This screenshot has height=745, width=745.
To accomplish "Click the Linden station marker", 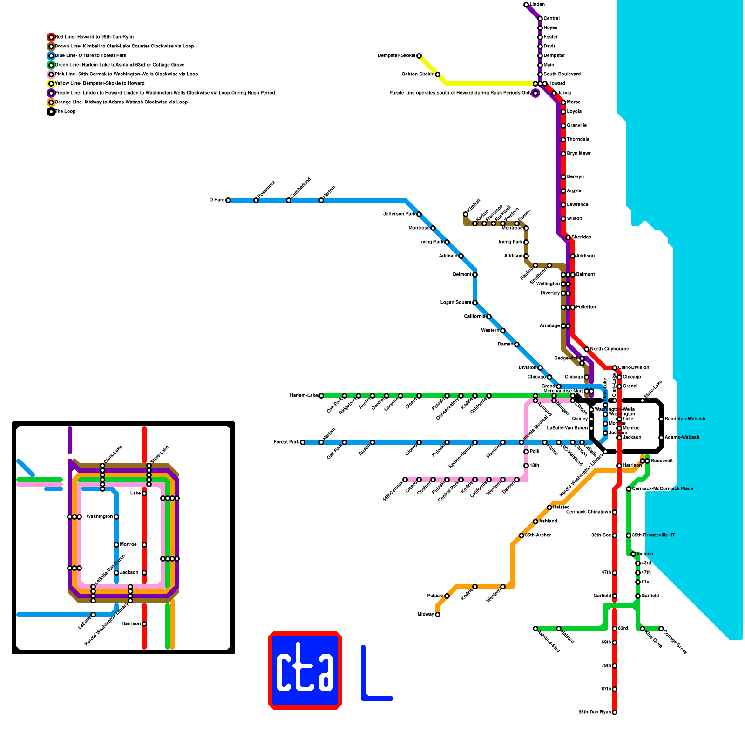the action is click(526, 5).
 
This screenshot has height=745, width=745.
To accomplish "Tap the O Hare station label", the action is click(217, 200).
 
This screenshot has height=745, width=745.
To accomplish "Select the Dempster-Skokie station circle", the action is click(419, 56).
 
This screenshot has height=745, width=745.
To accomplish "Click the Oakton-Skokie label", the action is click(418, 74).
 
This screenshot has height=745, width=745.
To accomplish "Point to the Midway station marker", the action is click(438, 615).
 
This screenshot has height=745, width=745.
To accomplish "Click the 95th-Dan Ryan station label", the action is click(595, 712).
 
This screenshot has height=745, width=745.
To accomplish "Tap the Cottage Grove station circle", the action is click(661, 629).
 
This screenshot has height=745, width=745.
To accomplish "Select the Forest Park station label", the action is click(286, 442).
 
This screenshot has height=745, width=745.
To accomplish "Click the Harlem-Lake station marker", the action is click(321, 396).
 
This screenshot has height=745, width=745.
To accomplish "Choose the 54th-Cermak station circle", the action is click(405, 480).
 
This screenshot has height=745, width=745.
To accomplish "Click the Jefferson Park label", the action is click(399, 214).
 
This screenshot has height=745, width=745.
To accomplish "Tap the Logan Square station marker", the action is click(475, 303).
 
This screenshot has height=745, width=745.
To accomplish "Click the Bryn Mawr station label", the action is click(579, 154).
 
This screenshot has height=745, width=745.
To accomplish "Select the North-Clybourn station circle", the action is click(587, 349).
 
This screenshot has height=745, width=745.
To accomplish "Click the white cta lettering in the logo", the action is click(305, 670).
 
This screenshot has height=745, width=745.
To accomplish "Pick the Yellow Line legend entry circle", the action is click(51, 84).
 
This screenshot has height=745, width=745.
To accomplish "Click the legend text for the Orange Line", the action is click(121, 102).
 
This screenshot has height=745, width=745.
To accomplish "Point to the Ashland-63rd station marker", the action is click(535, 629).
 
